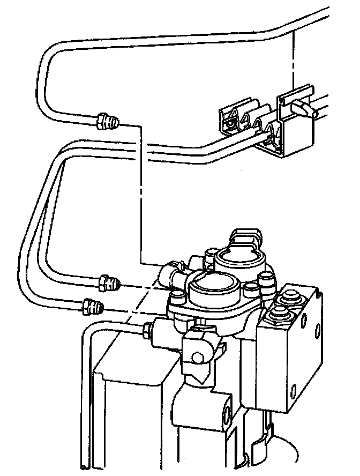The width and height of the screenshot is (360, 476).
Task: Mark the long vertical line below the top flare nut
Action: pyautogui.click(x=141, y=193)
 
